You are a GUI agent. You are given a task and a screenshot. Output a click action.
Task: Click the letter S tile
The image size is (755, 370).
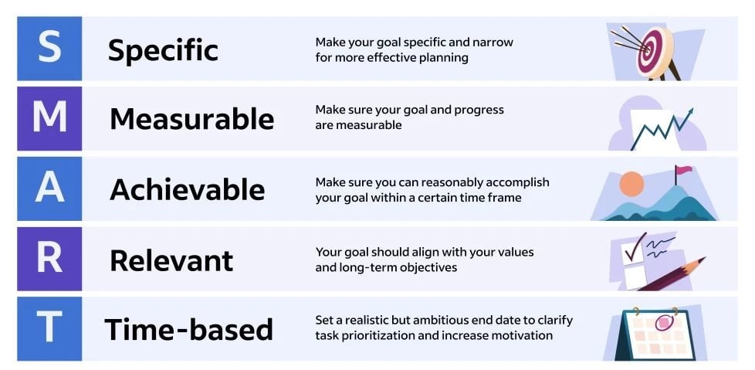tap(49, 49)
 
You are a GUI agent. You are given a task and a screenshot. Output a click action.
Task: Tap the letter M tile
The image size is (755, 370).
tap(49, 119)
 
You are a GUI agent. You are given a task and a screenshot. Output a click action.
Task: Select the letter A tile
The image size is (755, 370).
tap(49, 189)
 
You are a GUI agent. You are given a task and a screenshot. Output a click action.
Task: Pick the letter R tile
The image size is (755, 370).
tap(49, 260)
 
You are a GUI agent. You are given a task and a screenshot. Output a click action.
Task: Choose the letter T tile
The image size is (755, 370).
tap(49, 329)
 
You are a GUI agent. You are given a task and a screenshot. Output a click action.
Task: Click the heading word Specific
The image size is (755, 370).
tap(163, 50)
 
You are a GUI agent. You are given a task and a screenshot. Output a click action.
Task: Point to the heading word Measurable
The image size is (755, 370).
tap(191, 119)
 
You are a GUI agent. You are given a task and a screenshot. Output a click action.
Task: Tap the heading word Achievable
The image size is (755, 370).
tap(187, 189)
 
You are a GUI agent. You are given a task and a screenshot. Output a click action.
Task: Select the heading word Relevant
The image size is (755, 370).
tap(171, 260)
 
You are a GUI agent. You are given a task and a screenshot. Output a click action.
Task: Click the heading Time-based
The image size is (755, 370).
tap(189, 330)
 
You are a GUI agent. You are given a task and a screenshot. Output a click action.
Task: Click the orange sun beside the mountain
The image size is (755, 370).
tap(631, 183)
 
